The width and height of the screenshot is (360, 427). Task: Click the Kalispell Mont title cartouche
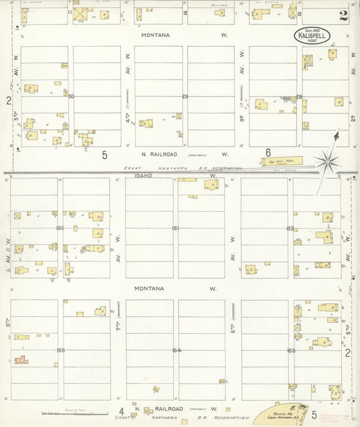click(312, 36)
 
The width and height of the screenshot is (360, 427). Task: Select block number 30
click(70, 96)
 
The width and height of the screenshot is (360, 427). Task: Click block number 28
click(299, 97)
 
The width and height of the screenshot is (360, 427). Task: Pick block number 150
click(60, 228)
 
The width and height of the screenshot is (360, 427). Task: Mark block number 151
click(175, 228)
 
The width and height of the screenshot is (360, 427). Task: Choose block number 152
click(290, 228)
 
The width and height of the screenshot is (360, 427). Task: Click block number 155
click(61, 350)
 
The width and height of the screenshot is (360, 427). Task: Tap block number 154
click(176, 350)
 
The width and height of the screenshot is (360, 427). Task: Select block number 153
click(291, 350)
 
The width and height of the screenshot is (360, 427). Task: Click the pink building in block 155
click(21, 360)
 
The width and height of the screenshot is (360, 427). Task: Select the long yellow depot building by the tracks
click(280, 161)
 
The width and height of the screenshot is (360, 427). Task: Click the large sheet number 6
click(268, 153)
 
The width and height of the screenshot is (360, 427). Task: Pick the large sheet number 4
click(121, 411)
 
